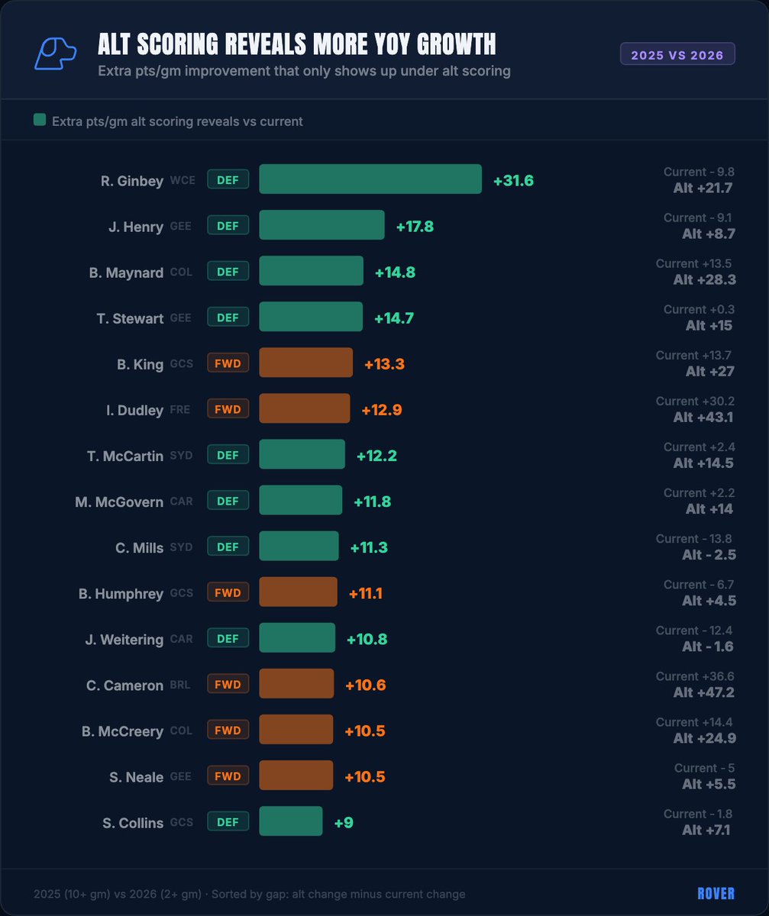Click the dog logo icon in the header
[55, 54]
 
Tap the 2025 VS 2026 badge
[677, 54]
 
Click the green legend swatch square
[40, 121]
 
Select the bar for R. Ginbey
[370, 179]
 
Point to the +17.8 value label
[415, 227]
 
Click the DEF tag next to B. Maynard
[228, 272]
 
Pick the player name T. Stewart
[130, 318]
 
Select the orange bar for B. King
[305, 363]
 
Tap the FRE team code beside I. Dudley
[180, 410]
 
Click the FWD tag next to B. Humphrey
[228, 592]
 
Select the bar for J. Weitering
[297, 637]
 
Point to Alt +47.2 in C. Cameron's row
[704, 692]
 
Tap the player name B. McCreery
[122, 731]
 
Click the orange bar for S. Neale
[296, 775]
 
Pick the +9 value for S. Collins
[344, 823]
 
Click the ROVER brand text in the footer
[716, 894]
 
